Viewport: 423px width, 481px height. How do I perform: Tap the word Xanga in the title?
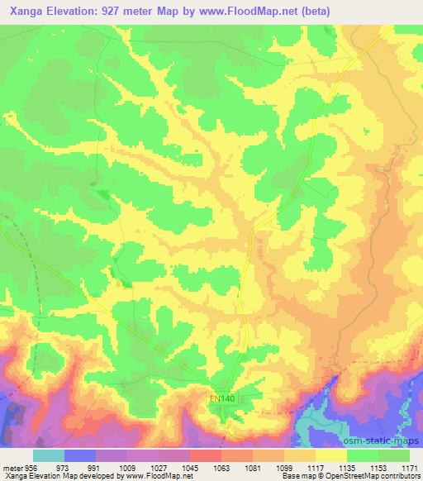(x=26, y=12)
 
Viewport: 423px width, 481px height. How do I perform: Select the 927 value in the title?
(x=126, y=12)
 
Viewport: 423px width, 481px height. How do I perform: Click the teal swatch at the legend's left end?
(x=49, y=455)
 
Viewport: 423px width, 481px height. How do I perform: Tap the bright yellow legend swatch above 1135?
(x=331, y=455)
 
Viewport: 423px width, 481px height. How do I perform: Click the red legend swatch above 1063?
(x=206, y=455)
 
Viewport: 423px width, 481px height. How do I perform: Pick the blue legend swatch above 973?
(x=80, y=455)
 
